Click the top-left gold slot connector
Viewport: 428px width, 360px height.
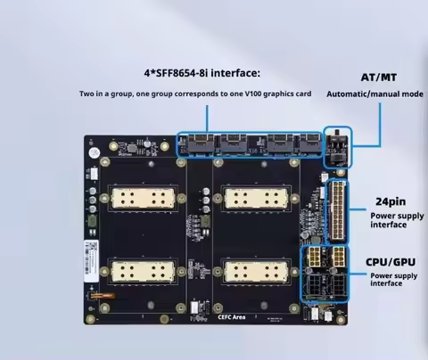coord(143,199)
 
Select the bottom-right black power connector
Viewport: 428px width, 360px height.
coord(340,287)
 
